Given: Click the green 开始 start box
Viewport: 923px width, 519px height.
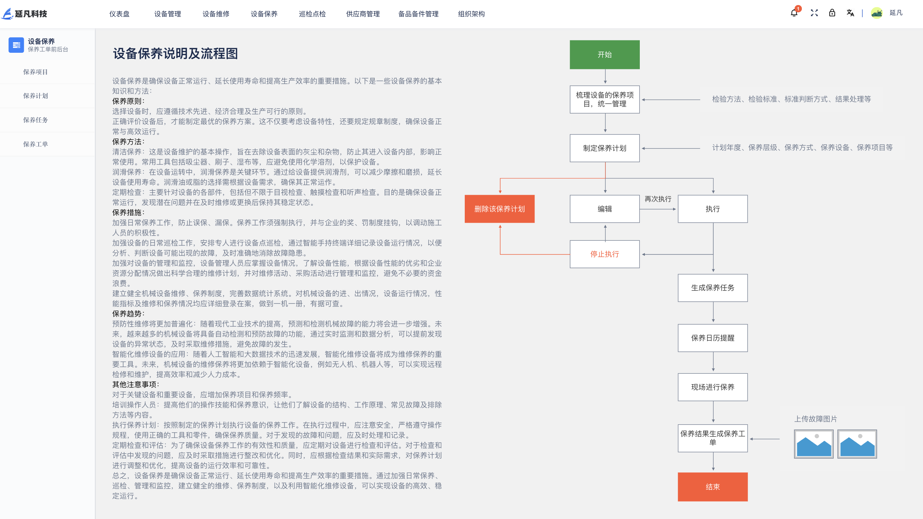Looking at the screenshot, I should click(x=604, y=55).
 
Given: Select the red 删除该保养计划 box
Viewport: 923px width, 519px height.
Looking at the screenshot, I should click(x=499, y=209).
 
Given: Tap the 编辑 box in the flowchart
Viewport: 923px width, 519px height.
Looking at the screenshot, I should click(x=604, y=209).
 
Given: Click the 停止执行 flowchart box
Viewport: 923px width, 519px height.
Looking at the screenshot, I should click(x=604, y=254).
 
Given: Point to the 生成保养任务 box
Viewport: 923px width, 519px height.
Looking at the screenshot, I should click(x=713, y=288).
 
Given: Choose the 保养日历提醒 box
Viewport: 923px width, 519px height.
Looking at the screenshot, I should click(x=713, y=338).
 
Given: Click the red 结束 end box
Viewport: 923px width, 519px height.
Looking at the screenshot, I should click(x=713, y=487).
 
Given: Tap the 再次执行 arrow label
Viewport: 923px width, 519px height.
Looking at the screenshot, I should click(x=658, y=199).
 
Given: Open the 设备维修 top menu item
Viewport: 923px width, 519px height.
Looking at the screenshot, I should click(x=216, y=14).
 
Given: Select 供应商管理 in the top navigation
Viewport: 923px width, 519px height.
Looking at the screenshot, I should click(x=363, y=14).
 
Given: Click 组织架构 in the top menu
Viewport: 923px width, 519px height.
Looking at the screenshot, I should click(x=471, y=14).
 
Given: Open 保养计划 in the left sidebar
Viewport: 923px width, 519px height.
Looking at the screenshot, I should click(x=35, y=96).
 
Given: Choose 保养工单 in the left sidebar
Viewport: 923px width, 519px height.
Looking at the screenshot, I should click(x=35, y=144).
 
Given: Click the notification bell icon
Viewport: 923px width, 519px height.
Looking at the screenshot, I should click(x=794, y=13).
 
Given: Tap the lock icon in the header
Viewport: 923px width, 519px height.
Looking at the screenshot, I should click(x=832, y=13).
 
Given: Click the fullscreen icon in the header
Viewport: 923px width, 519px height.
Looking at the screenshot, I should click(x=814, y=13).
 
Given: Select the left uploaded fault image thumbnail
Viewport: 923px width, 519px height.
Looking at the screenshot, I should click(x=814, y=444).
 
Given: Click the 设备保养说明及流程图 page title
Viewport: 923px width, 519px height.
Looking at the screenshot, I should click(x=175, y=53).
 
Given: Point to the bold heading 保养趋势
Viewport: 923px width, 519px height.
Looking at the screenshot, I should click(x=128, y=314).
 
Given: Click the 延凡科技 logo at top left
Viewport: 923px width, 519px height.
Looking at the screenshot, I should click(x=25, y=14).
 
